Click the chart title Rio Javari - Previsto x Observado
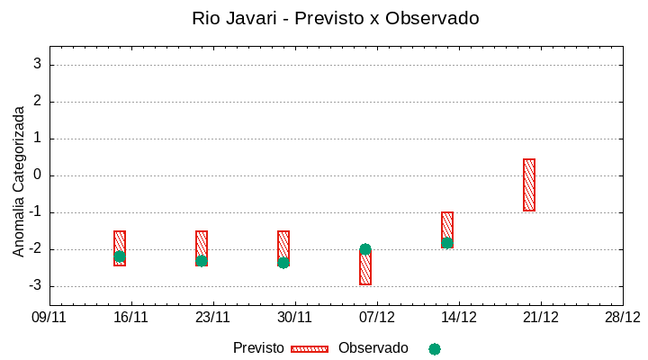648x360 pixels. pyautogui.click(x=336, y=18)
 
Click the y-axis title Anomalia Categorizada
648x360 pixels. pyautogui.click(x=19, y=181)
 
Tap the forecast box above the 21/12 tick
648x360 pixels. pyautogui.click(x=529, y=184)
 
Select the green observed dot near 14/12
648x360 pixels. pyautogui.click(x=447, y=242)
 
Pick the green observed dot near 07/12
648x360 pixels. pyautogui.click(x=365, y=249)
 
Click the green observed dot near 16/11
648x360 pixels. pyautogui.click(x=120, y=256)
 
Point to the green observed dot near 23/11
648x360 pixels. pyautogui.click(x=202, y=260)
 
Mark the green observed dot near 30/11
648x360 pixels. pyautogui.click(x=283, y=262)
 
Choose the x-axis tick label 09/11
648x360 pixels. pyautogui.click(x=49, y=317)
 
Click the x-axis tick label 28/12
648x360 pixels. pyautogui.click(x=623, y=317)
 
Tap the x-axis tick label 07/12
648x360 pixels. pyautogui.click(x=377, y=317)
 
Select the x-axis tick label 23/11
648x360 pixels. pyautogui.click(x=213, y=317)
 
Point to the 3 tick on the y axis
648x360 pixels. pyautogui.click(x=37, y=64)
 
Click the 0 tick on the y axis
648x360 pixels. pyautogui.click(x=37, y=175)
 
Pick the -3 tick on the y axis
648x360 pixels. pyautogui.click(x=35, y=286)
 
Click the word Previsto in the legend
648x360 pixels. pyautogui.click(x=258, y=347)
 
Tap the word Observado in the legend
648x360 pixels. pyautogui.click(x=373, y=347)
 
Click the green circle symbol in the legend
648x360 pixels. pyautogui.click(x=435, y=348)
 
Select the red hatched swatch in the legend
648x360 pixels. pyautogui.click(x=310, y=348)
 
